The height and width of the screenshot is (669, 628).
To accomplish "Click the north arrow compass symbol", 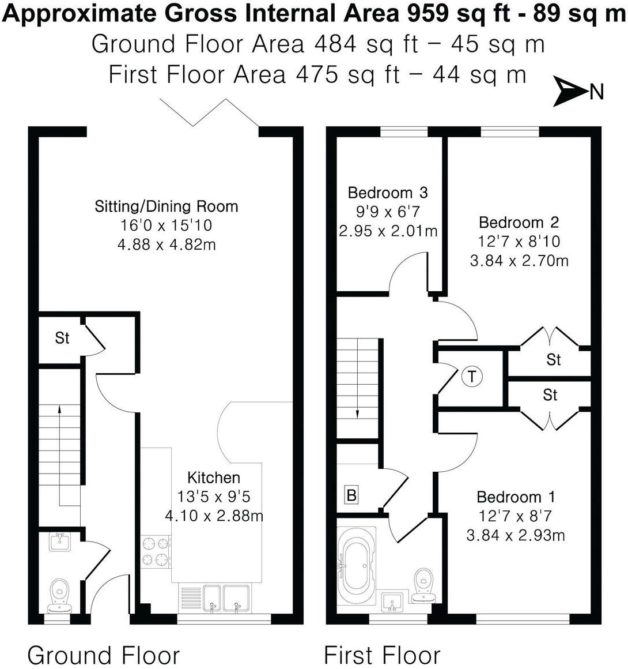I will coord(569,92).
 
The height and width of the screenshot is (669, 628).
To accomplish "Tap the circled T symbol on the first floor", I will coord(472,377).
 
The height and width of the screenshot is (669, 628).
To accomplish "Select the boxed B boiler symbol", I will coord(351,495).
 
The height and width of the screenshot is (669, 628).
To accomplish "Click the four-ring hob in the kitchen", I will coord(156,550).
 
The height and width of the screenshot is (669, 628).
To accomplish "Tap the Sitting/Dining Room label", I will coord(166,206).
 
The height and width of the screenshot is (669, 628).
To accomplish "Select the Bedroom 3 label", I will coord(388,192).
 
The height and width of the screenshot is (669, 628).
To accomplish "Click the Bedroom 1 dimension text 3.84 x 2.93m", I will coord(515,535).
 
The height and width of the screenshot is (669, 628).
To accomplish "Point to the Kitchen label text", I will coord(214,478).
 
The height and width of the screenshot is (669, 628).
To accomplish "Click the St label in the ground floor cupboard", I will coord(62,338).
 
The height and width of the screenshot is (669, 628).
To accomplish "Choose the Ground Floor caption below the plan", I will coord(104,655).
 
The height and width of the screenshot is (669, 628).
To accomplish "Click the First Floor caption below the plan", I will coord(382,655).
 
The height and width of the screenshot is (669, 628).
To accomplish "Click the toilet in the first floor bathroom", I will coord(424,583).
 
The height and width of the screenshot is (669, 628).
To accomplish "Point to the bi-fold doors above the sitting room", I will coord(209,113).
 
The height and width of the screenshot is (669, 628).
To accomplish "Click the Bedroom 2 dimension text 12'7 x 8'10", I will coord(519,241).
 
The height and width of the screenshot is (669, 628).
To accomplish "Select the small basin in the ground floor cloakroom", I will coord(59,541).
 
